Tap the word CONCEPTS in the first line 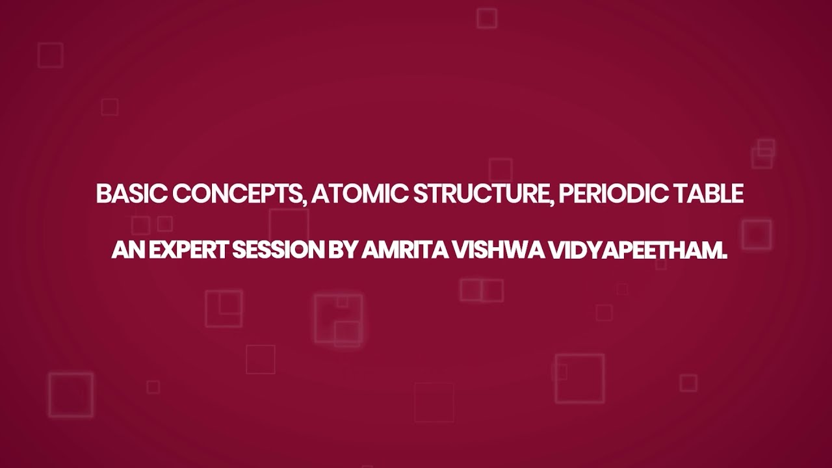(x=238, y=194)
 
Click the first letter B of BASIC (x=103, y=194)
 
